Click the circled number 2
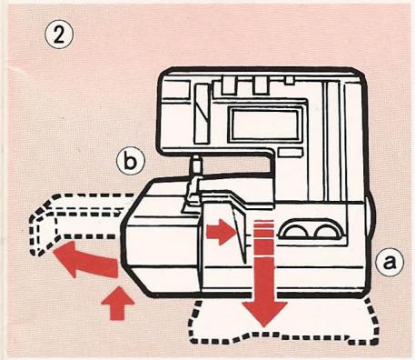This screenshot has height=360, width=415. [59, 36]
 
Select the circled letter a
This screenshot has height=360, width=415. [390, 262]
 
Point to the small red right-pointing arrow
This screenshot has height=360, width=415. [221, 232]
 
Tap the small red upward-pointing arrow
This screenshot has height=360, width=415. [118, 303]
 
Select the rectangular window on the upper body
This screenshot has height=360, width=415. [265, 125]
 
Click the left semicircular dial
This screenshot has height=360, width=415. [293, 231]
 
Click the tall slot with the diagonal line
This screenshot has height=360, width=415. [202, 114]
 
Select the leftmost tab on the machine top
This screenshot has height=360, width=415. [229, 85]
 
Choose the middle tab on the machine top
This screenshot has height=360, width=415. [261, 85]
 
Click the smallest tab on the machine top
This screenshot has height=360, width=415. [290, 80]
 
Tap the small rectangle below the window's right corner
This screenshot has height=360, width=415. [290, 153]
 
